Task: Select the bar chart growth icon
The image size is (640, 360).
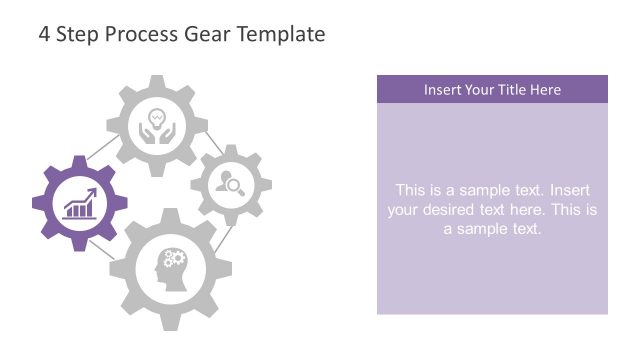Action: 79,203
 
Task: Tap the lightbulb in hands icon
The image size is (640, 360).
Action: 156,126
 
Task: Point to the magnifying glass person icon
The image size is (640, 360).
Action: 231,183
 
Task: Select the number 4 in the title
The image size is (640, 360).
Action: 44,34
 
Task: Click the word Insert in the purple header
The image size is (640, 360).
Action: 441,90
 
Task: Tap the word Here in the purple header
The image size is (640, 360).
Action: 546,90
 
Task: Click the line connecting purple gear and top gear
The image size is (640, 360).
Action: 102,149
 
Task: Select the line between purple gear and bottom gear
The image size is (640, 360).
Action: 103,247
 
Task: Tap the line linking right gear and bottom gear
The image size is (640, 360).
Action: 225,237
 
